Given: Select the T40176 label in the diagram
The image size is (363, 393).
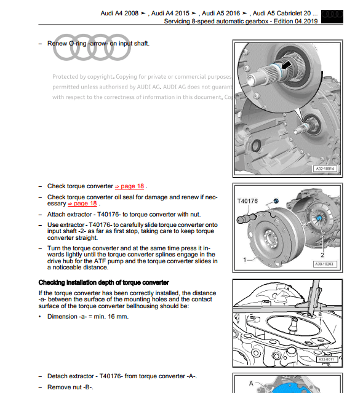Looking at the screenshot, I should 247,201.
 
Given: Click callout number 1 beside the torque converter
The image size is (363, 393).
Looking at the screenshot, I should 245,260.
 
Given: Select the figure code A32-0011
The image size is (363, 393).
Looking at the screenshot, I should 327,359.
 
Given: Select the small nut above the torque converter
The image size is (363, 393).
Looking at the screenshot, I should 276,202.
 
